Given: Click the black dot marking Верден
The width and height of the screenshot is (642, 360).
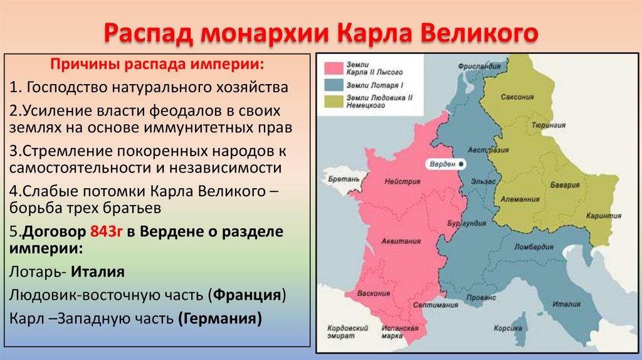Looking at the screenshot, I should point(461,164).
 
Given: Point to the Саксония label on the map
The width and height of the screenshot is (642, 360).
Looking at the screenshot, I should point(517,97).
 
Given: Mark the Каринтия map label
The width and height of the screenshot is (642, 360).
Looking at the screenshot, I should point(599,215).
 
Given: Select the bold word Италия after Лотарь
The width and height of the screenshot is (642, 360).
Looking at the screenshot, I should point(97,272).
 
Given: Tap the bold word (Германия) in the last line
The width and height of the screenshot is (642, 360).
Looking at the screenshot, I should point(219,317).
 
